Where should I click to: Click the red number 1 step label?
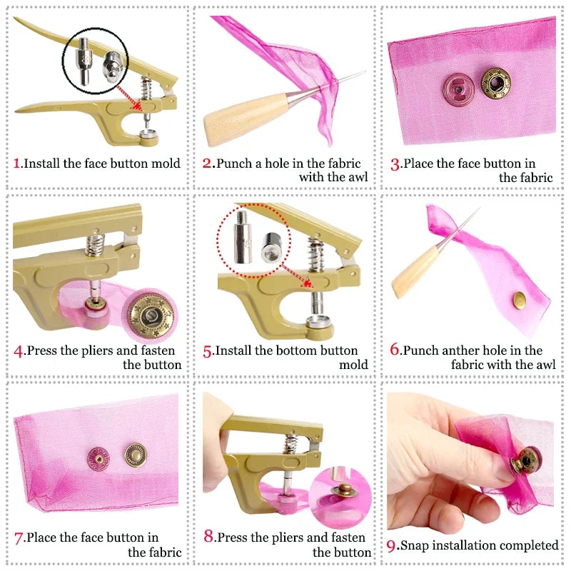coord(17,163)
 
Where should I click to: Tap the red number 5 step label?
coord(208,351)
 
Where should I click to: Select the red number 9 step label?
coord(391,546)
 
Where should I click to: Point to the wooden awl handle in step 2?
coord(236,121)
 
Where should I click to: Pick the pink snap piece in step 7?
coord(97,455)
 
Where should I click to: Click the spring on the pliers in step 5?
coord(315,249)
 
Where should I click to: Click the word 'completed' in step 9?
coord(529,546)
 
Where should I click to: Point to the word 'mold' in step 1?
coord(166,163)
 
